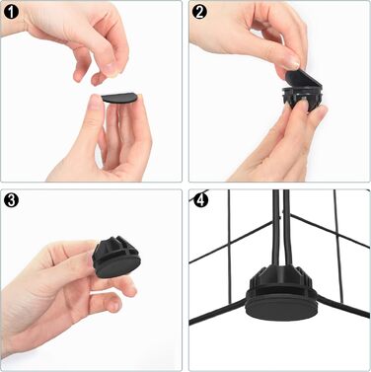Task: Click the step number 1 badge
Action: tap(11, 12)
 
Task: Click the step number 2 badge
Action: tap(199, 12)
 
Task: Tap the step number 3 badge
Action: tap(11, 200)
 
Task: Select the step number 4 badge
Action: tap(200, 200)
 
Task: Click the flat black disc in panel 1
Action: tap(118, 98)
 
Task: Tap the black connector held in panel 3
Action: tap(115, 259)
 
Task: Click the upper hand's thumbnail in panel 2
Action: tap(291, 61)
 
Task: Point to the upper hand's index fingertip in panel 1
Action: tap(113, 70)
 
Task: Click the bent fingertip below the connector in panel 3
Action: tap(111, 302)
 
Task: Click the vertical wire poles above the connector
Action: tap(281, 228)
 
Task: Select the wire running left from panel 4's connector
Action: tap(217, 311)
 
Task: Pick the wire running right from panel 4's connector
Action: tap(342, 307)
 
